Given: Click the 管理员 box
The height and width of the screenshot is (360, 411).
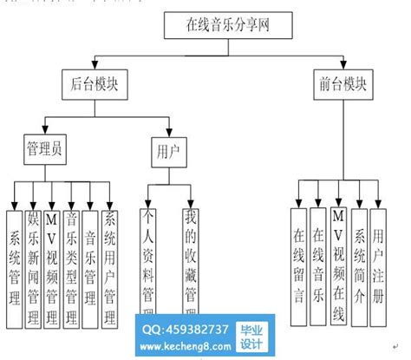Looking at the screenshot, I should (43, 149).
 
